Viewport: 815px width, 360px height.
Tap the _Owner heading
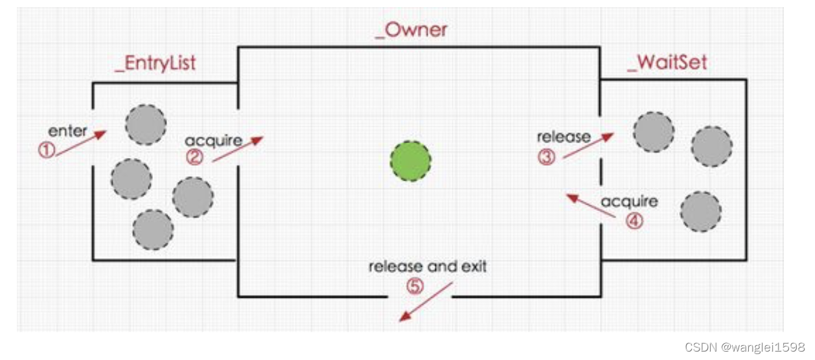click(x=411, y=30)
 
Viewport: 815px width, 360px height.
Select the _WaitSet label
click(x=667, y=62)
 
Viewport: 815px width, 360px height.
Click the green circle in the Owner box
click(x=410, y=161)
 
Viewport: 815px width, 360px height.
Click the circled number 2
click(x=194, y=157)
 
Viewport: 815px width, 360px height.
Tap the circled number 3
click(x=547, y=156)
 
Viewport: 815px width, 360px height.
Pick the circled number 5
click(x=414, y=286)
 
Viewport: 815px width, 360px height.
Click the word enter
click(x=67, y=131)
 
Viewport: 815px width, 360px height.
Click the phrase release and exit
click(x=428, y=266)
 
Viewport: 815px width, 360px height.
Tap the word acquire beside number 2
click(x=212, y=140)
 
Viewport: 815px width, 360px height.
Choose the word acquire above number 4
click(x=629, y=201)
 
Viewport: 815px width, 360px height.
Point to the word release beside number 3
click(x=564, y=137)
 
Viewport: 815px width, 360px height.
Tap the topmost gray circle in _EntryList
click(x=145, y=125)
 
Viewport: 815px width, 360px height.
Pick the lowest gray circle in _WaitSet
click(x=700, y=212)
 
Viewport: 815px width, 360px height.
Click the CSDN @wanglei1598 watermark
click(x=744, y=347)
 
